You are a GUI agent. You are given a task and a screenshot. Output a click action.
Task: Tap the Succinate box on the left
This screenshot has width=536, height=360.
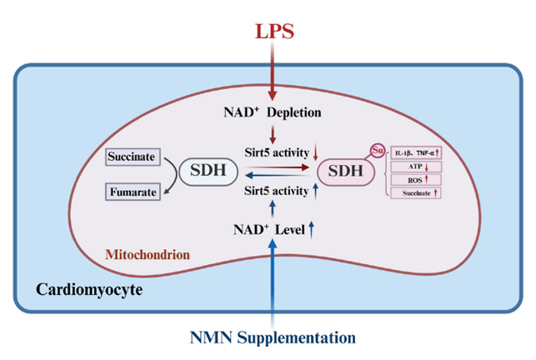pos(134,156)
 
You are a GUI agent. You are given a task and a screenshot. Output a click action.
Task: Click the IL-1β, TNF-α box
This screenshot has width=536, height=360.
pos(417,153)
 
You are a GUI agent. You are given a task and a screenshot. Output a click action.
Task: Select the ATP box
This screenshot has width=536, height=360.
pos(417,167)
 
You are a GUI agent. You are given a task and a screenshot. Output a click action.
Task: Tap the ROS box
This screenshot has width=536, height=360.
pos(417,179)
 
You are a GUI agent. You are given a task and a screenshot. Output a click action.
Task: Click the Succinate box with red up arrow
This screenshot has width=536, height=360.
pos(417,192)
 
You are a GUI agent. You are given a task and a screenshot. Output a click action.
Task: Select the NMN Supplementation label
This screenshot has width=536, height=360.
pos(273,337)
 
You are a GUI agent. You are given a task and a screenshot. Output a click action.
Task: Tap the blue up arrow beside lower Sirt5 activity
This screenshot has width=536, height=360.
pos(316,193)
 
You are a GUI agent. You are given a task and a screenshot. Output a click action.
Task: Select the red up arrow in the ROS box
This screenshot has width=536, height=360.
pos(428,179)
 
